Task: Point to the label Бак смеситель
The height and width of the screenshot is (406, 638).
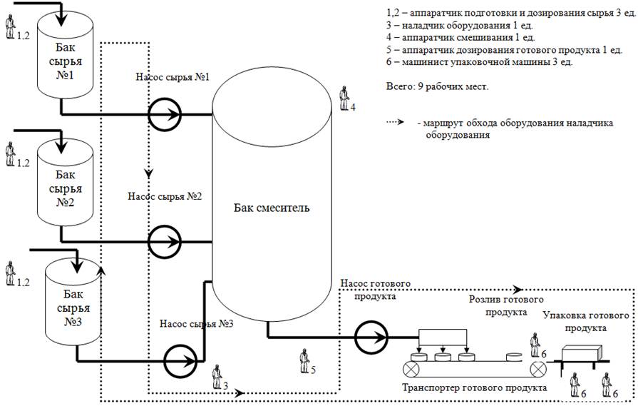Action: pos(272,208)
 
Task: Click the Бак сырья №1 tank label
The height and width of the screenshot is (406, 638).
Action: pos(65,61)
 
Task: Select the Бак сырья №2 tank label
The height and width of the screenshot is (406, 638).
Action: pos(65,188)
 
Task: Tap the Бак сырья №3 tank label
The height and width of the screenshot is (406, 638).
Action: pos(73,308)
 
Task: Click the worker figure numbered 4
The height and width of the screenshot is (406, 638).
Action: pos(344,98)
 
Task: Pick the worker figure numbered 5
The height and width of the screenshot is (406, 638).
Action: pos(304,361)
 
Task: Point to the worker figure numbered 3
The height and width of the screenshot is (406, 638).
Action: pos(217,377)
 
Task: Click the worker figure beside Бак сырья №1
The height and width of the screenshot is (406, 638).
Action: pos(10,27)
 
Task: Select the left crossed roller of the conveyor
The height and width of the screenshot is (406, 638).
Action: pos(411,370)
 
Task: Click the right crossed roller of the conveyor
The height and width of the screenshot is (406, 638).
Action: pos(538,370)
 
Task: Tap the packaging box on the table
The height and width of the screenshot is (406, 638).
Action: pos(582,352)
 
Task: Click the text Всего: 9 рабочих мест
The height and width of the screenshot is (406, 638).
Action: pos(437,87)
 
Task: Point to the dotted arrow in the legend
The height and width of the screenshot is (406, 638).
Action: pos(395,122)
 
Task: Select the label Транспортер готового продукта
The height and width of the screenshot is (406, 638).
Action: pos(475,387)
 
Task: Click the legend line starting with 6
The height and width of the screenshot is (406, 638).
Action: pos(479,62)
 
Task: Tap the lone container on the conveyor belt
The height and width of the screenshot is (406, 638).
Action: pos(514,357)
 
